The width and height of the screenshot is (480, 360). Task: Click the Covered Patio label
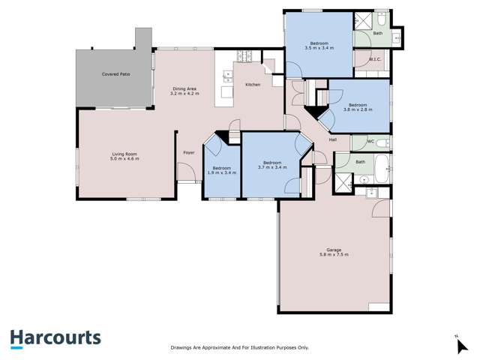115,75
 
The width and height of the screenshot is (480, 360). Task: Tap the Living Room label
115,154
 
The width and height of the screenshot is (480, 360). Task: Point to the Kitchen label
253,84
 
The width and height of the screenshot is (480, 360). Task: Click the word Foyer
189,153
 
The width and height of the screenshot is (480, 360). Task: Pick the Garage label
334,250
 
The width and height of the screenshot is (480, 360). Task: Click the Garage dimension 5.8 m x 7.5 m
334,255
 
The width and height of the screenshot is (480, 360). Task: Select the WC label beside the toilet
370,141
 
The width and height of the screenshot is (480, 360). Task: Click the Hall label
332,139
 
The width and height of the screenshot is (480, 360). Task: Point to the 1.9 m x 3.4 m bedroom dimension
221,172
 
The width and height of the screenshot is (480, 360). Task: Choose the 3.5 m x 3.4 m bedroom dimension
319,47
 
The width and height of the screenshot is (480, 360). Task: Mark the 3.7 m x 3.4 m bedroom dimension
271,167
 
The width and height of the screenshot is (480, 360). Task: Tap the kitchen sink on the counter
226,74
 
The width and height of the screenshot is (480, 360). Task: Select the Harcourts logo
55,338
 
